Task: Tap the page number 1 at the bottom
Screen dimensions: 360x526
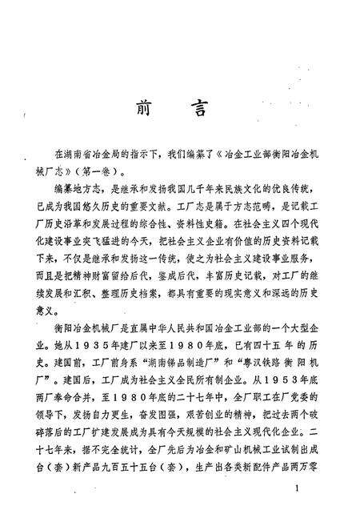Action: coord(296,489)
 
